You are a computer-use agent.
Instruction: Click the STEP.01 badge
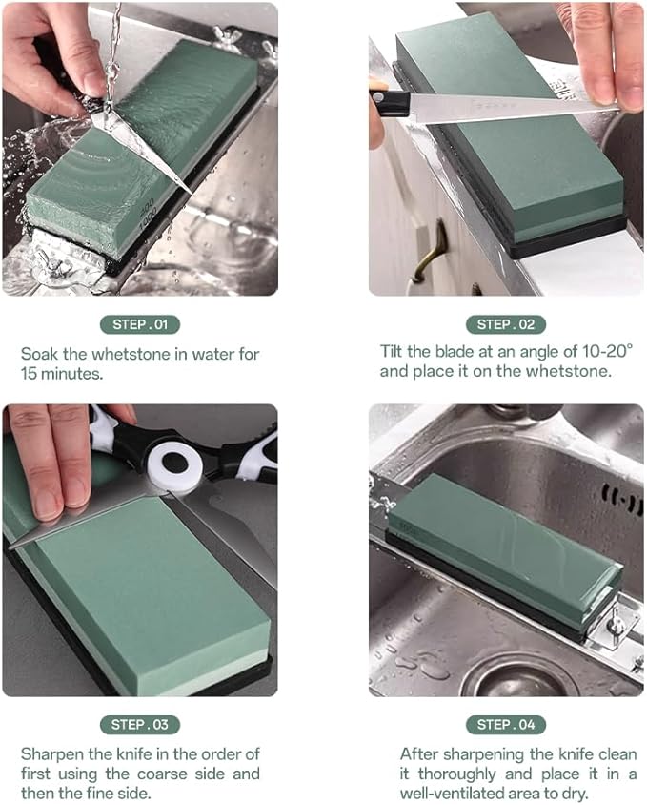pos(139,324)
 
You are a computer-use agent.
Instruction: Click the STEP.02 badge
pos(506,324)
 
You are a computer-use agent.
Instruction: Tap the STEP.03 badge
pos(139,724)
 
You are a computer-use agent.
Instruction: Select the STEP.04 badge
pos(506,724)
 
